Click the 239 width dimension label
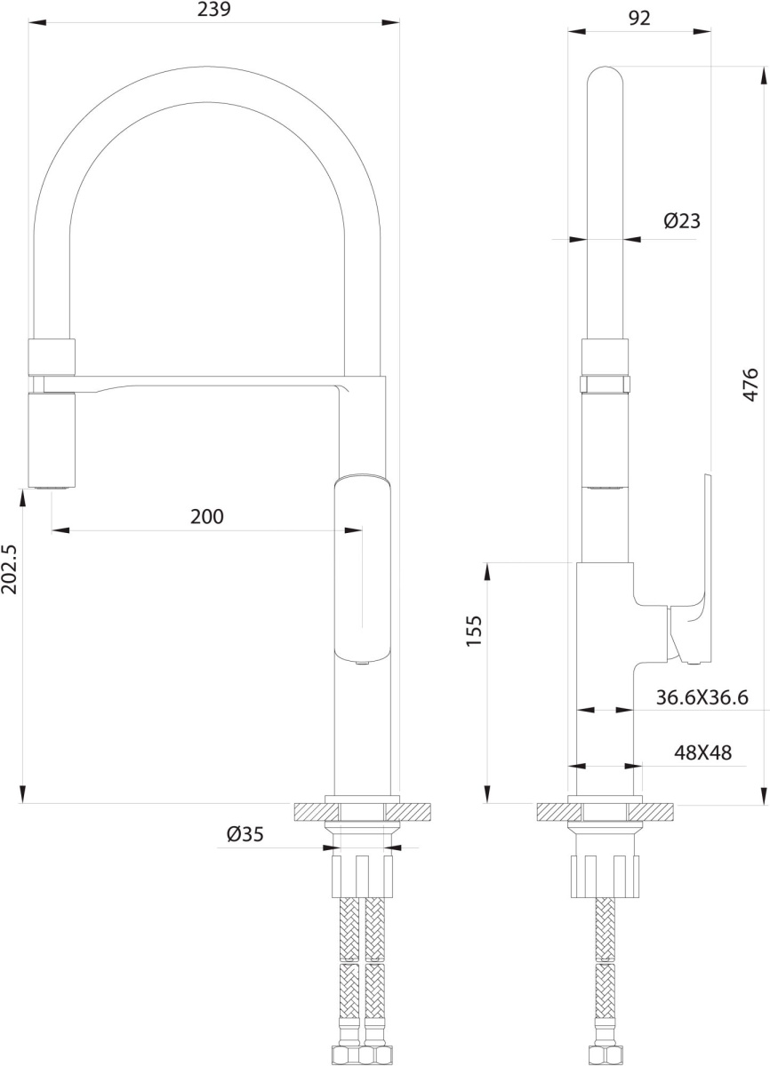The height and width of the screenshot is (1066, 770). point(213,10)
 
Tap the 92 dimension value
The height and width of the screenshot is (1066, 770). point(639,18)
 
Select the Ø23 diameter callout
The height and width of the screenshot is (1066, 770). point(682,221)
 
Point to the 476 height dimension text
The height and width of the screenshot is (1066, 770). point(750,385)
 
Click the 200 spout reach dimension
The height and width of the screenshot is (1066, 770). point(207,516)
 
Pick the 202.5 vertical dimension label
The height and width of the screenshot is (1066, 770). point(9,569)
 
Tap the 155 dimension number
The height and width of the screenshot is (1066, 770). point(474,631)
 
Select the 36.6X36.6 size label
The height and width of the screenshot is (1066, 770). point(702,697)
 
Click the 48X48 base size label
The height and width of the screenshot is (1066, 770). point(702,752)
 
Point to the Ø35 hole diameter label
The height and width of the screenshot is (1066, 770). point(245,834)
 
